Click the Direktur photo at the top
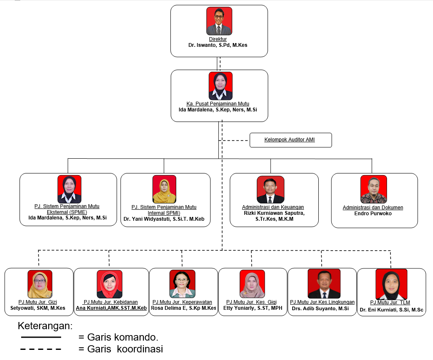219,21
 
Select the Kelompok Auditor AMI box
290,140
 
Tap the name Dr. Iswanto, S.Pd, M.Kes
218,45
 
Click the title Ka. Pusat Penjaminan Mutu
218,104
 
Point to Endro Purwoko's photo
374,189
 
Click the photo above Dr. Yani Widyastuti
164,189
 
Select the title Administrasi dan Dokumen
373,207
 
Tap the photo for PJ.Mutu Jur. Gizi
40,284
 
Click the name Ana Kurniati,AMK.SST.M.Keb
111,308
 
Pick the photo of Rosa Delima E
182,284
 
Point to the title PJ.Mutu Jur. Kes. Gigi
251,302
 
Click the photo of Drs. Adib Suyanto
324,284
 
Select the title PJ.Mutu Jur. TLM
390,303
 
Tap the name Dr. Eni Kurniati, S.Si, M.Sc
391,310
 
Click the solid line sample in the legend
41,337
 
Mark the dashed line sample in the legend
41,349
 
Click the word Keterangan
45,326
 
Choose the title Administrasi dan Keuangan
273,207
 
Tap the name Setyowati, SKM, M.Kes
38,308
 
